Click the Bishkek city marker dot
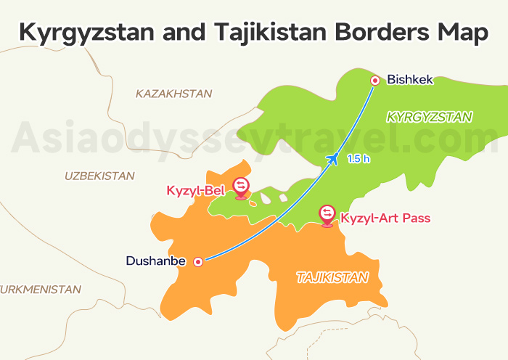pyautogui.click(x=375, y=81)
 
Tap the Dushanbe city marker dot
pyautogui.click(x=197, y=261)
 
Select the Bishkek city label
pyautogui.click(x=410, y=80)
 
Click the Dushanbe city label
pyautogui.click(x=156, y=261)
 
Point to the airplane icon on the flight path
pyautogui.click(x=333, y=158)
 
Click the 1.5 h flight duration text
pyautogui.click(x=359, y=159)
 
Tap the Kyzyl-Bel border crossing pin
pyautogui.click(x=241, y=187)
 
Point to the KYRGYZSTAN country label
pyautogui.click(x=430, y=116)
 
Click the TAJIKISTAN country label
pyautogui.click(x=332, y=277)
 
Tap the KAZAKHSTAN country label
pyautogui.click(x=173, y=94)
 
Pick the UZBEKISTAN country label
pyautogui.click(x=99, y=176)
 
